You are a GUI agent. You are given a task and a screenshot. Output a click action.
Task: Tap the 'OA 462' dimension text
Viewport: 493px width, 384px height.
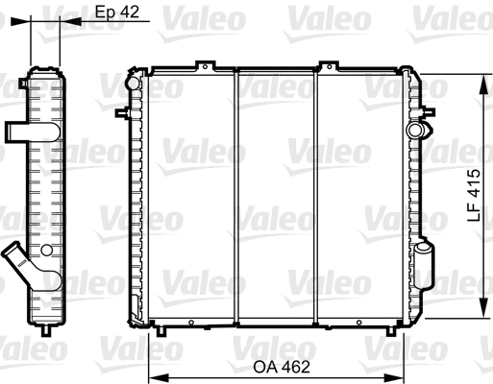tap(274, 365)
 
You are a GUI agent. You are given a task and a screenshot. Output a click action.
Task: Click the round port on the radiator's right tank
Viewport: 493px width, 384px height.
tap(415, 129)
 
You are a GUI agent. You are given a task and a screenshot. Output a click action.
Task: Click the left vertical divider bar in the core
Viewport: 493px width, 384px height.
tap(235, 197)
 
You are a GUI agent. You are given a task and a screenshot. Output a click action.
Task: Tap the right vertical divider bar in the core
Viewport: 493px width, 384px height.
tap(318, 197)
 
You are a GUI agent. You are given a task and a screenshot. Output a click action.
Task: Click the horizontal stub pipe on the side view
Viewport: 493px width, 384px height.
tap(18, 131)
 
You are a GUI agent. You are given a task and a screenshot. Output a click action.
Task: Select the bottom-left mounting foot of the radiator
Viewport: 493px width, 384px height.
tap(161, 331)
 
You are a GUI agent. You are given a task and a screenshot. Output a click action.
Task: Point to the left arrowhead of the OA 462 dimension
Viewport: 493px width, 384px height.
tap(152, 375)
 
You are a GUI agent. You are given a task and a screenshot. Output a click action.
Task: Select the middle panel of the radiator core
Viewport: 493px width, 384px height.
tap(277, 197)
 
